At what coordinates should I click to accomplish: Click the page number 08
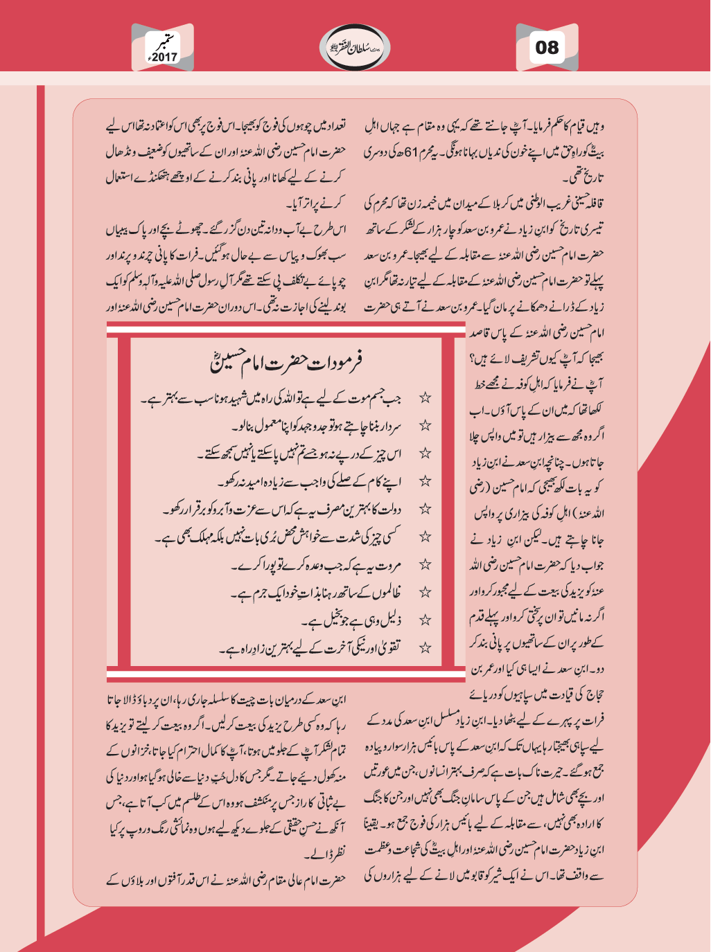[x=547, y=48]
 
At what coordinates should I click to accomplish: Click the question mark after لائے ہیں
[x=472, y=359]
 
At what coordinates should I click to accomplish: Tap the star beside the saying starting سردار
[x=425, y=426]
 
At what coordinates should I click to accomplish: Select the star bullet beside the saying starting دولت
[x=425, y=509]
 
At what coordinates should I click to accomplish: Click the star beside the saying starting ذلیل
[x=425, y=620]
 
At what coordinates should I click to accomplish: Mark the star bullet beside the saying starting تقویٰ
[x=425, y=647]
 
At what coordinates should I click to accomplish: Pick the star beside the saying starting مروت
[x=425, y=564]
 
